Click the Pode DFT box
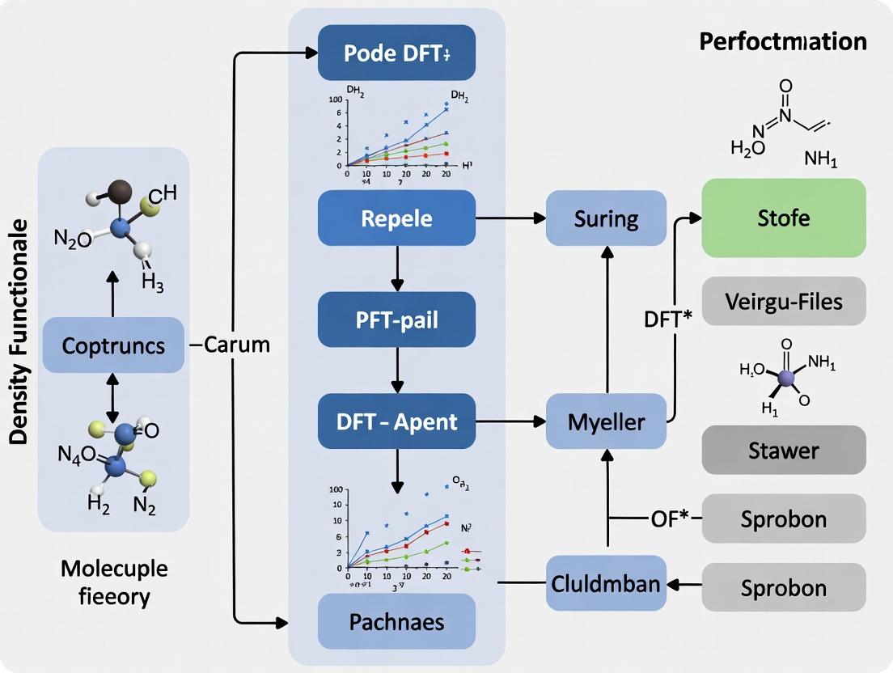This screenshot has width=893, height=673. tap(396, 53)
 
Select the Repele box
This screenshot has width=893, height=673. tap(396, 218)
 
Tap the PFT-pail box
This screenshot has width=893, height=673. tap(396, 320)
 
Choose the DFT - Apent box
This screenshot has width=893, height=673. tap(396, 421)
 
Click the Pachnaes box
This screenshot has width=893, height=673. tap(396, 621)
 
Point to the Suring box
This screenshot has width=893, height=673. tap(606, 218)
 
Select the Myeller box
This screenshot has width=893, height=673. tap(606, 421)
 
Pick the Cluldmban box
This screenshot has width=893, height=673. tap(606, 583)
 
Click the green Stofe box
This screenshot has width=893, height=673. tap(783, 218)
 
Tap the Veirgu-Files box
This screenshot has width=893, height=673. tap(783, 302)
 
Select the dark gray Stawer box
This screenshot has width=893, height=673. tap(783, 450)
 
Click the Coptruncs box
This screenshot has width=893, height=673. tap(113, 345)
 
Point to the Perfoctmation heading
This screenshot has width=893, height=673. tap(782, 41)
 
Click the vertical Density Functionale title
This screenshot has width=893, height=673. tap(19, 332)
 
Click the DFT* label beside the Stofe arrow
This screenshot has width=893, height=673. tap(667, 318)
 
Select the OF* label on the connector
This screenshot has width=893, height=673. tap(669, 518)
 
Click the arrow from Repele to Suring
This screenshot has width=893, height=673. tap(510, 218)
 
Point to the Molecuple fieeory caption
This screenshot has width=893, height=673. tap(114, 582)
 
